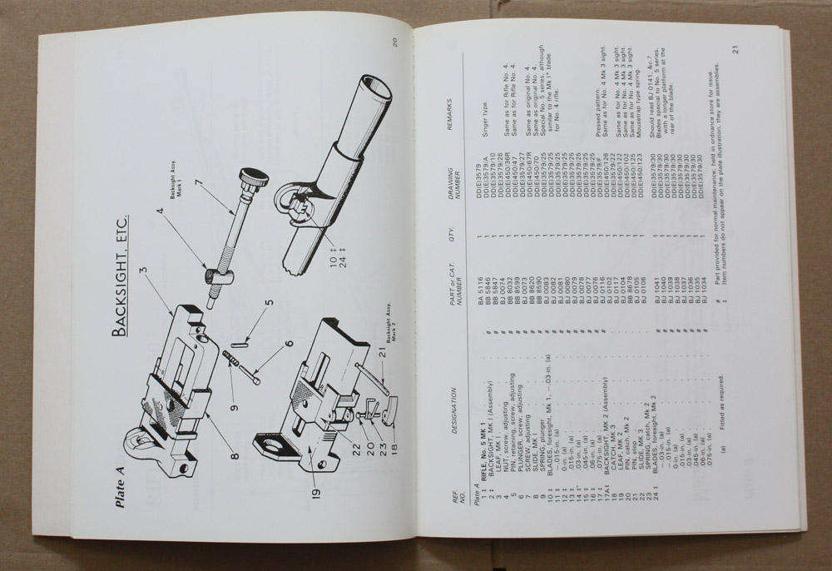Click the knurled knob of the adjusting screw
[x=254, y=178]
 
